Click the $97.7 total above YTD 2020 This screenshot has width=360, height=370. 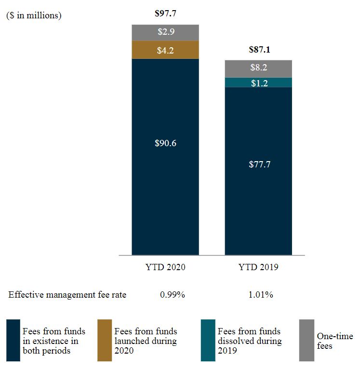click(x=165, y=14)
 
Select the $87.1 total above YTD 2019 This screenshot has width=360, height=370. click(x=258, y=49)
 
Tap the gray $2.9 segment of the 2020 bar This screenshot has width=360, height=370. click(x=165, y=32)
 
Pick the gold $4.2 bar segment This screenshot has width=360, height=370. click(x=165, y=50)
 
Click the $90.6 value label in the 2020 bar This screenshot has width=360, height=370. click(x=165, y=143)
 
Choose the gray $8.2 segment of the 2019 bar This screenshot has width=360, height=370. click(x=258, y=68)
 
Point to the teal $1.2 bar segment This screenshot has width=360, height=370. click(x=258, y=82)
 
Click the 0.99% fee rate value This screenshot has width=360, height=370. click(x=172, y=295)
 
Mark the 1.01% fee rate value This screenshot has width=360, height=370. click(x=261, y=295)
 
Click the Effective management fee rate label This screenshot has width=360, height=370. click(x=67, y=295)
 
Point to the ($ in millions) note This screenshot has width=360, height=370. click(x=34, y=15)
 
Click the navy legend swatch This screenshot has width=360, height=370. click(x=13, y=340)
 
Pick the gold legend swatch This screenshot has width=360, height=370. click(x=105, y=340)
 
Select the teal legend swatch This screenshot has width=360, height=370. click(x=208, y=340)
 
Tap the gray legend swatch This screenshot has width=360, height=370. click(x=307, y=340)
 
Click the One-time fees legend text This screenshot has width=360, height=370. click(x=334, y=341)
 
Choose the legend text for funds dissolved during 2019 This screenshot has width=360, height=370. click(x=249, y=341)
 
